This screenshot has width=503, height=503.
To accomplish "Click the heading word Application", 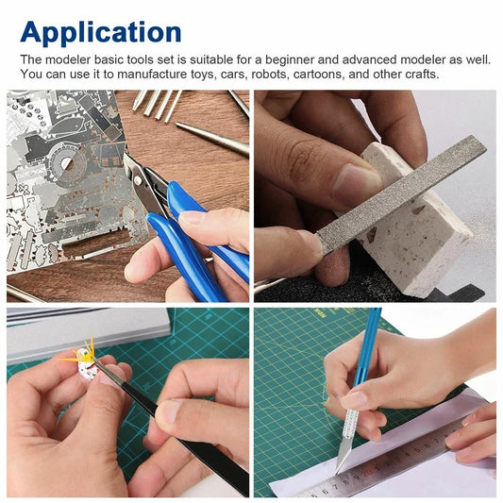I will pyautogui.click(x=101, y=31).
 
